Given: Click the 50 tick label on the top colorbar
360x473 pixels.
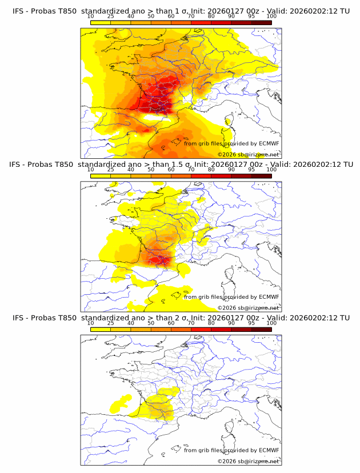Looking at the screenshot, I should click(x=151, y=16).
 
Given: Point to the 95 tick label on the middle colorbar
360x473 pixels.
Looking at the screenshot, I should click(x=252, y=170).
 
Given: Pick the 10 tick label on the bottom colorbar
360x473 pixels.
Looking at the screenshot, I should click(x=91, y=323).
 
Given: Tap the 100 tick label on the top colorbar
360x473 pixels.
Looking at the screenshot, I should click(x=271, y=16).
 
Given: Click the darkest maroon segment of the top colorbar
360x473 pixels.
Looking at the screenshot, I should click(x=262, y=22).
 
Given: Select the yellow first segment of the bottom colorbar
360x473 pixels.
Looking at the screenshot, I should click(x=101, y=329).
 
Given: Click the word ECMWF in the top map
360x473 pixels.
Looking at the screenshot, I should click(x=269, y=144).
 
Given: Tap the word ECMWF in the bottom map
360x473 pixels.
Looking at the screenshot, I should click(x=269, y=450).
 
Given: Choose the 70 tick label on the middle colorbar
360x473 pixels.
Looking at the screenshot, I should click(x=191, y=170).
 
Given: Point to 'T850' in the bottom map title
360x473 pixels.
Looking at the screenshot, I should click(x=65, y=318).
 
